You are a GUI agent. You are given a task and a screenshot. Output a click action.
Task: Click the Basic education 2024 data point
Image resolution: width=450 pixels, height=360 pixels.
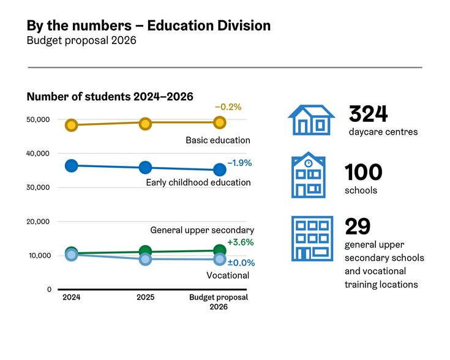pos(72,125)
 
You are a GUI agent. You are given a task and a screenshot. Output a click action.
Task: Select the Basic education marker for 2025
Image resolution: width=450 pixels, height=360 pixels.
pos(145,123)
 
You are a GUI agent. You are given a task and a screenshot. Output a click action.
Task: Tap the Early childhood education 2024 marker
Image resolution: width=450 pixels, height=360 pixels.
pos(72,165)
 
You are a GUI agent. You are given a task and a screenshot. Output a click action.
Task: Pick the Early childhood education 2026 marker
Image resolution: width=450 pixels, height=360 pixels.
pos(219,170)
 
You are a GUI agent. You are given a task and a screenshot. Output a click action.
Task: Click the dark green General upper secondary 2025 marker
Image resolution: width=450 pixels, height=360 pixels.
pos(145,251)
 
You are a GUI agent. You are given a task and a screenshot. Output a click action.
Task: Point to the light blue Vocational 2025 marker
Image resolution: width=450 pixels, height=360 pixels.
pos(145,259)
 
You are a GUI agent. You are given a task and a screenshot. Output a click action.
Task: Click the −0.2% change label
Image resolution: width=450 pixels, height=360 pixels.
pos(228,107)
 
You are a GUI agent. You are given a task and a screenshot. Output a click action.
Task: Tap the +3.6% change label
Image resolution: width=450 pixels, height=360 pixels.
pos(240,242)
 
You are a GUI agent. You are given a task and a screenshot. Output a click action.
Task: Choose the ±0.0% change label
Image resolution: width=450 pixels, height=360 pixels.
pos(241,263)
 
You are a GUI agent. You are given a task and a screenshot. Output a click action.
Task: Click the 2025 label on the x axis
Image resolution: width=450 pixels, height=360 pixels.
pos(145,298)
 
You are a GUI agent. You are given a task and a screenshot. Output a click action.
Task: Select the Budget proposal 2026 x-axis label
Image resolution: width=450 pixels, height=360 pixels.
pos(219,302)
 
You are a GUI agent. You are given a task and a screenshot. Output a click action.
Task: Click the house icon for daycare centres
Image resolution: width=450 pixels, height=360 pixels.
pos(311,120)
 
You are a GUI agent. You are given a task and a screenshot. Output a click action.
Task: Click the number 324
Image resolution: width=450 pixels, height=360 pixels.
pos(368,114)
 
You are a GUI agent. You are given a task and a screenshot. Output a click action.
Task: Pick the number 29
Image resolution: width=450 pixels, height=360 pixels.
pos(358,227)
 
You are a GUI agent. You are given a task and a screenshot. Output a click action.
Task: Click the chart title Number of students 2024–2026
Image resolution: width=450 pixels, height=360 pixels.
pos(110,97)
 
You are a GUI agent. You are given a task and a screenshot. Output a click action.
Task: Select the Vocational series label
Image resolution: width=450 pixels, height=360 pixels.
pos(227,276)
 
